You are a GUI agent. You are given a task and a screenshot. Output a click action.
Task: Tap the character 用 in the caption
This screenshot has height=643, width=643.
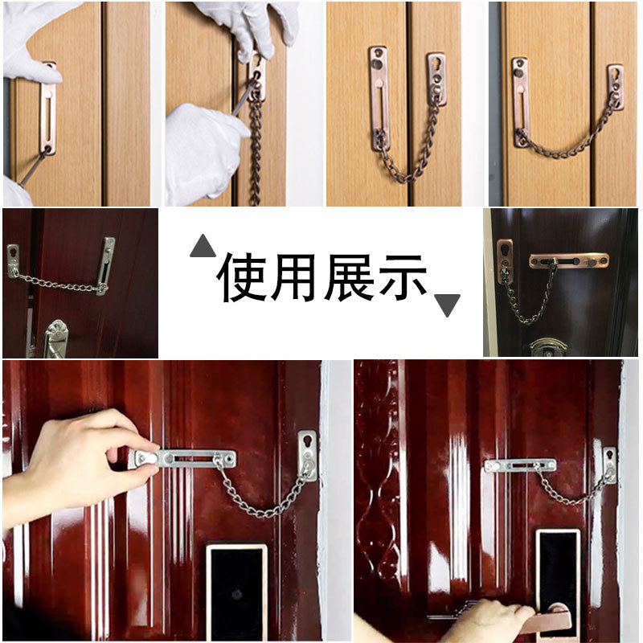[x=295, y=278]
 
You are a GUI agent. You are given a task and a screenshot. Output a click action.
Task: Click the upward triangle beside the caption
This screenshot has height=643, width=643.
[x=203, y=246]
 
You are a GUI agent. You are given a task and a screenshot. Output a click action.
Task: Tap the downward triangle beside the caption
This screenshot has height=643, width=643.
[x=447, y=305]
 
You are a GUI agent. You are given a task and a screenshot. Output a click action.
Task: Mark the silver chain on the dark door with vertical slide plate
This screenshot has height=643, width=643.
[x=56, y=282]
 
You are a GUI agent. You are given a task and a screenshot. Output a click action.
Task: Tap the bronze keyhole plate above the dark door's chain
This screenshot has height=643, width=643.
[x=505, y=256]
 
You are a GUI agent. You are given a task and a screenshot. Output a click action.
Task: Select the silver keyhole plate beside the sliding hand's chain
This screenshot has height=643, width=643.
[x=307, y=454]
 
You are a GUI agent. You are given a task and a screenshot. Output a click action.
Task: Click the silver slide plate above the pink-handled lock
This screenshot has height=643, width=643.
[x=519, y=465]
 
